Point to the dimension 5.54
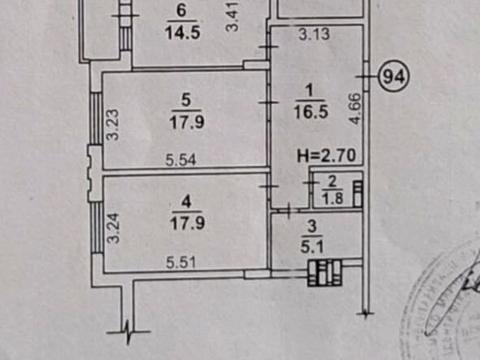click(181, 160)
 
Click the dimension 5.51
click(181, 262)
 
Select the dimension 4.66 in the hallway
click(355, 108)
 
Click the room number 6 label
click(180, 12)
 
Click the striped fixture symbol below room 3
click(325, 271)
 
